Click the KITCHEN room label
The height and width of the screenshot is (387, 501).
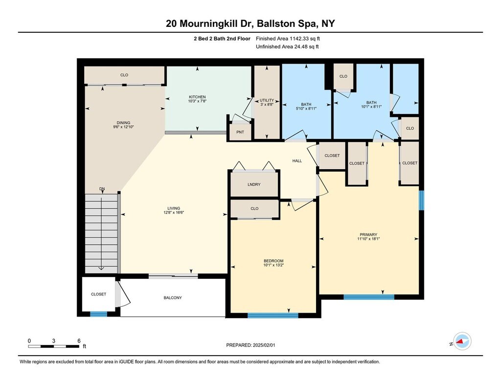(197, 97)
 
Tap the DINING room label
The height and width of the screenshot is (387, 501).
(123, 123)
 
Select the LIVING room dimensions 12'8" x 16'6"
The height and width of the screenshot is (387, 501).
(174, 212)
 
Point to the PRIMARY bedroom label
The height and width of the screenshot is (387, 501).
(368, 234)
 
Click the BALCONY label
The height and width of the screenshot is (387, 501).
(173, 297)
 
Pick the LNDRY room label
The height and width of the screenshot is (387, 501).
(254, 184)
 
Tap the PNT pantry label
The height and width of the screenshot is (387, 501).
(240, 132)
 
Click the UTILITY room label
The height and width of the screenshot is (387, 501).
(267, 100)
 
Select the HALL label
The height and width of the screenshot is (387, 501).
(297, 161)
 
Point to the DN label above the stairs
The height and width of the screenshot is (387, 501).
(102, 189)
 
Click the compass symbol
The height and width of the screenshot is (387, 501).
(462, 341)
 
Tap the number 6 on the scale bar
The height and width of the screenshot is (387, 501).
(79, 341)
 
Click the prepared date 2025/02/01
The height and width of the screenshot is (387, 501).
(264, 345)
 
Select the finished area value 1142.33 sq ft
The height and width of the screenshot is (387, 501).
(304, 39)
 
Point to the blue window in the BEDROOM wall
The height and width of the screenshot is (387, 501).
(273, 316)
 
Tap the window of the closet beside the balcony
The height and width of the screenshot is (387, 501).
(98, 314)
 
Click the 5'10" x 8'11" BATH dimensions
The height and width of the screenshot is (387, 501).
(306, 108)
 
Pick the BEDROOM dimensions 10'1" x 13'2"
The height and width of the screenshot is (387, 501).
(273, 265)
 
